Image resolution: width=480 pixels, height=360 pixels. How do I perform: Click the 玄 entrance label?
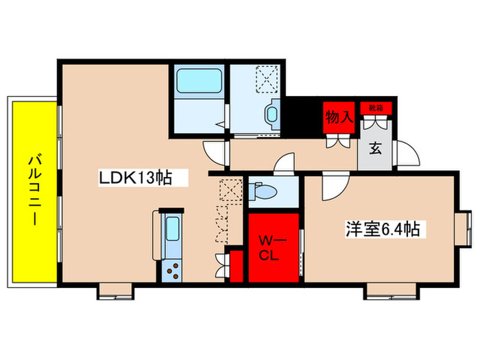[376, 148]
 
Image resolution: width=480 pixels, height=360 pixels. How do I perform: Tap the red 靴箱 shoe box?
[376, 108]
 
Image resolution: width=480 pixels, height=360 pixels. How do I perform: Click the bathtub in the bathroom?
[197, 84]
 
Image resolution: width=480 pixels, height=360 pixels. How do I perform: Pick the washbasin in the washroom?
[272, 115]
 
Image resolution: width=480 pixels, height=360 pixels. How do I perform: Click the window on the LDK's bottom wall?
[110, 291]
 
